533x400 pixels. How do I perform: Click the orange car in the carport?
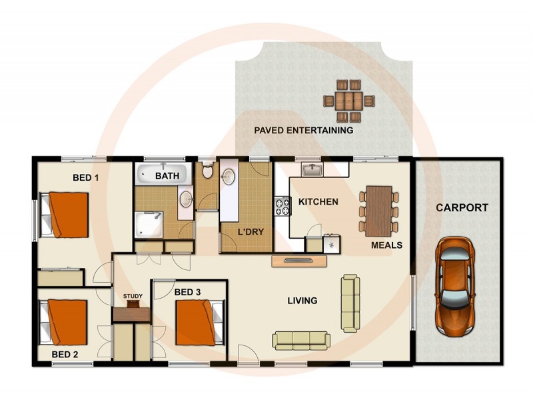pos(455,286)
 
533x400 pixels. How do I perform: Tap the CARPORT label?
pos(462,207)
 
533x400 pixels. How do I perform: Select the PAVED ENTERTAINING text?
pos(304,131)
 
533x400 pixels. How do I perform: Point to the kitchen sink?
pos(312,170)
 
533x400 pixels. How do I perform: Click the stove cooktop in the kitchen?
pos(282,206)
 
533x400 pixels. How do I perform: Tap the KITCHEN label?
pos(318,201)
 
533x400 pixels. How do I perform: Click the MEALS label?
pos(386,245)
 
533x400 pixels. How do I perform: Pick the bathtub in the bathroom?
pos(163,175)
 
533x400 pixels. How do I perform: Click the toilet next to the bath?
pos(207,172)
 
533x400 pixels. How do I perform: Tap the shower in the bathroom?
pos(149,223)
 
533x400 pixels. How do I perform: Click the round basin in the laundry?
pos(229,177)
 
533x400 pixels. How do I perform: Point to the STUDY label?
pos(133,296)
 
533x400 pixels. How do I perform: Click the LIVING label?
pos(302,301)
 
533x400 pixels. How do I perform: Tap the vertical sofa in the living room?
pos(350,303)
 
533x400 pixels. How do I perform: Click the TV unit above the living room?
pos(299,261)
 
